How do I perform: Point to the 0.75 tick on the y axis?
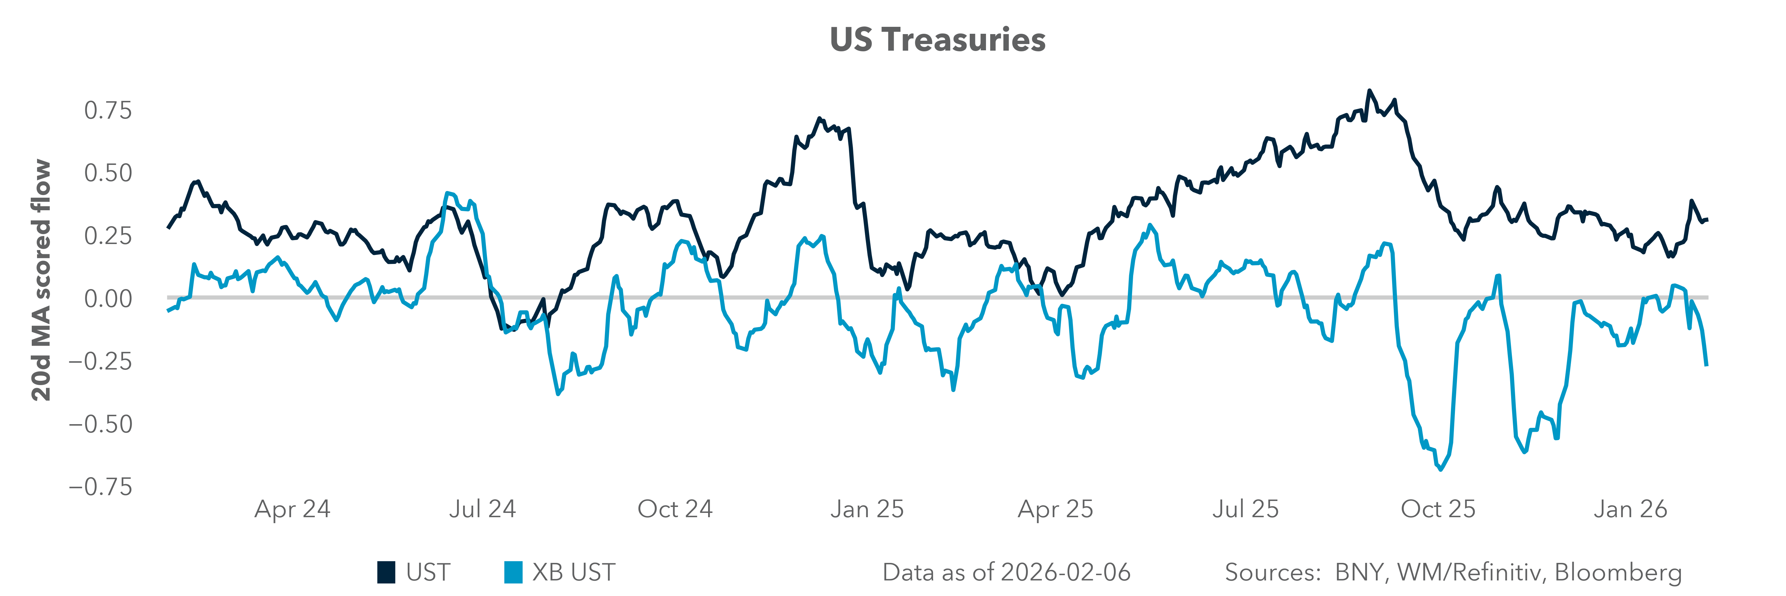(x=107, y=110)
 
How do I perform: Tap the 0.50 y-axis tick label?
(x=107, y=173)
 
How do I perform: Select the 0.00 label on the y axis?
(x=107, y=298)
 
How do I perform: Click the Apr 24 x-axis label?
(x=293, y=509)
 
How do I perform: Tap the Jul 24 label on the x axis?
(x=483, y=509)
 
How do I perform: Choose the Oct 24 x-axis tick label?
(x=675, y=509)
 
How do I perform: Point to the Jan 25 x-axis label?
(x=867, y=509)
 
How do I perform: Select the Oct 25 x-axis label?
(x=1438, y=509)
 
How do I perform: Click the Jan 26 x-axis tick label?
(x=1630, y=509)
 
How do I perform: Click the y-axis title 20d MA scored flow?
(x=42, y=280)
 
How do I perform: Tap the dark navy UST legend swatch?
(x=386, y=572)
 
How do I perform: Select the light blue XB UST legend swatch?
(x=513, y=572)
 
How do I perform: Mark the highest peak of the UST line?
(x=1369, y=91)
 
